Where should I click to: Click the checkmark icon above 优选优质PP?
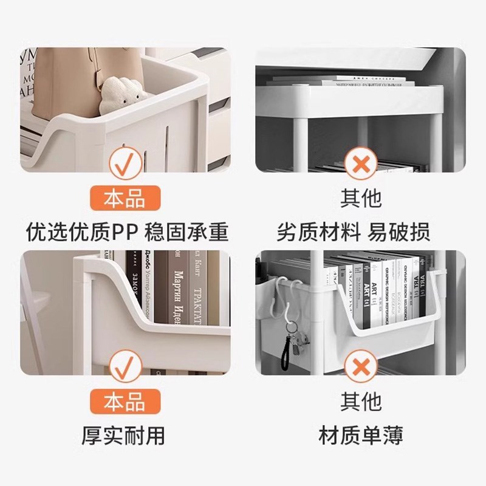point(125,162)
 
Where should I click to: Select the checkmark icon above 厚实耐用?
point(125,366)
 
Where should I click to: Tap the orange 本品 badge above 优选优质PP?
point(125,199)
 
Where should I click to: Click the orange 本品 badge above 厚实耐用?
point(125,402)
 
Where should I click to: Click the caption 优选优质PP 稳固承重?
point(127,231)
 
